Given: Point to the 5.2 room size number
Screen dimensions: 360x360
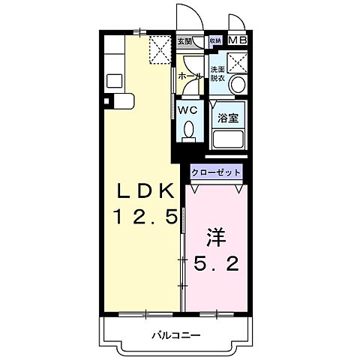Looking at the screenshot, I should tap(217, 264).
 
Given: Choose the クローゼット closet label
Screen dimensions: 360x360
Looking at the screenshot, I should tap(217, 172).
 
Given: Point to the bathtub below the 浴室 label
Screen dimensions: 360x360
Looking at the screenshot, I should tap(229, 139).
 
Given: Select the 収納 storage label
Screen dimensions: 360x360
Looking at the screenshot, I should tap(215, 40).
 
